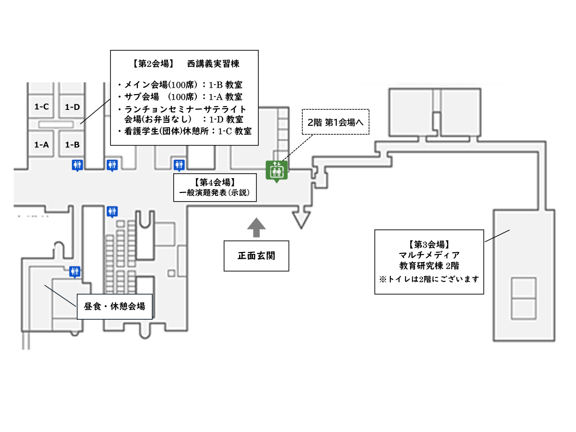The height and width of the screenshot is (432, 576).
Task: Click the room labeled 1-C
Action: coord(41,107)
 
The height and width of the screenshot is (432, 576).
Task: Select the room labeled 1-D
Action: coord(72,107)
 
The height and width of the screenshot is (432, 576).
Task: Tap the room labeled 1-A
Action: coord(41,144)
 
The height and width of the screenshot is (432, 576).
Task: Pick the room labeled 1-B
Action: coord(72,144)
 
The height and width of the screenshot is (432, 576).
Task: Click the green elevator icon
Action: coord(276,171)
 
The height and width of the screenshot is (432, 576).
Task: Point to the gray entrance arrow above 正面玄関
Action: coord(256,228)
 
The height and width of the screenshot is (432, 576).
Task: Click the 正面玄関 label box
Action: coord(256,256)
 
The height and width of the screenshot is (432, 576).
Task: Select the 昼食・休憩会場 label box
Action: coord(114,306)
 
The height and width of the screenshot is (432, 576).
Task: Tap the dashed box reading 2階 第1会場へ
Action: coord(336,122)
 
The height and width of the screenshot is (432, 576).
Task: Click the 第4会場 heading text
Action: coord(215,182)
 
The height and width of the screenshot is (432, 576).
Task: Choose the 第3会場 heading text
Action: coord(429,244)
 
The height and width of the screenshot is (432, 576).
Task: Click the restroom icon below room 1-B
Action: coord(77,166)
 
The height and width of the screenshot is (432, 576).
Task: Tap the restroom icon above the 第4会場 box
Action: coord(179,166)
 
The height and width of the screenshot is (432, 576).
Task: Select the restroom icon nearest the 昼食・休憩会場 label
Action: coord(75,272)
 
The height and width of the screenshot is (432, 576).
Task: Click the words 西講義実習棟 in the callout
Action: coord(213,64)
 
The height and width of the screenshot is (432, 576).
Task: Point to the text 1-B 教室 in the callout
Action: coord(226,85)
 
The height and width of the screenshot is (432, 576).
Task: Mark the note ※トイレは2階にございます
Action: coord(429,279)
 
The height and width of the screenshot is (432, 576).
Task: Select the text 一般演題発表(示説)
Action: coord(215,193)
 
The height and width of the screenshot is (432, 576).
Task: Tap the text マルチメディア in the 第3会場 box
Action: coord(429,255)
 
